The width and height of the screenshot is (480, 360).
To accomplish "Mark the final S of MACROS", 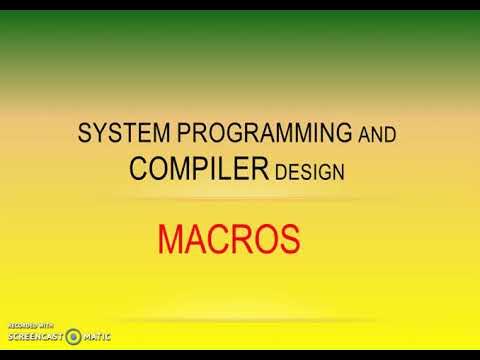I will click(x=289, y=240).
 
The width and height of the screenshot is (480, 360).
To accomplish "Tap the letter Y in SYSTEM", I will click(x=97, y=133).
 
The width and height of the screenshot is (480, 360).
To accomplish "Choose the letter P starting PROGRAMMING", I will click(x=162, y=133).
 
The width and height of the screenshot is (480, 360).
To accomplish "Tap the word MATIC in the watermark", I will click(x=97, y=337).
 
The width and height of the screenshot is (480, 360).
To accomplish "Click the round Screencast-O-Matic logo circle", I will click(x=75, y=335).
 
